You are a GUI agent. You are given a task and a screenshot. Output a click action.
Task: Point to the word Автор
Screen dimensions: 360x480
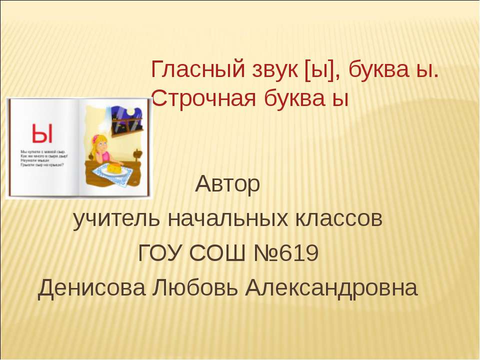pyautogui.click(x=228, y=185)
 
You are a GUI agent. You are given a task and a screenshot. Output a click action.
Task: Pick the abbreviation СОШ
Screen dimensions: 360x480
pyautogui.click(x=218, y=254)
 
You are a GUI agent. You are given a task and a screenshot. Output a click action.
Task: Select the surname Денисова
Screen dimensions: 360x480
pyautogui.click(x=92, y=288)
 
